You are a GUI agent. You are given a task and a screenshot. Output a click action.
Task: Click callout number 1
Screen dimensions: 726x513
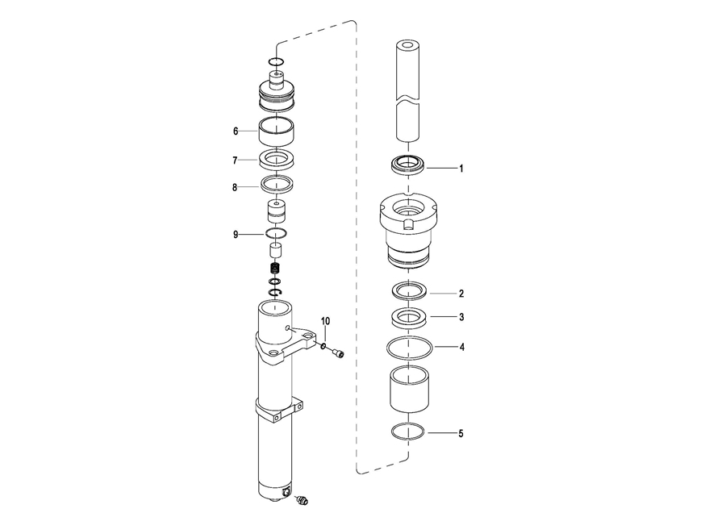[461, 169]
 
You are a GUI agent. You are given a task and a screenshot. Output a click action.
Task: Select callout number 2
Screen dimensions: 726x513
[461, 294]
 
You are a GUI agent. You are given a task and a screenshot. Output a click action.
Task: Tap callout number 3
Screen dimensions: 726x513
[461, 317]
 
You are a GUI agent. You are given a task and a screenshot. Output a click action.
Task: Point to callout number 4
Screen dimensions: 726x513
[461, 347]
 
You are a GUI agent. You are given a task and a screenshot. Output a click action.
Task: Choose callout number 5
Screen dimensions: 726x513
[461, 434]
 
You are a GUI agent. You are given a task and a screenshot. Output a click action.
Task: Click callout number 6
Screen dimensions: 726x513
[236, 131]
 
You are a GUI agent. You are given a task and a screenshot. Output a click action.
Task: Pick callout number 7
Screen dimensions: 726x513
[235, 161]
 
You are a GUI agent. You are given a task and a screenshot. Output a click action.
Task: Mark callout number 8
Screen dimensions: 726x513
[235, 187]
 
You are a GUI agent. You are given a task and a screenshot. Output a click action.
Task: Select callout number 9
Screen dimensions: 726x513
[236, 235]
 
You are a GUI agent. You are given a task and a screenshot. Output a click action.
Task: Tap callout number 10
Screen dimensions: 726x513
[326, 321]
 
